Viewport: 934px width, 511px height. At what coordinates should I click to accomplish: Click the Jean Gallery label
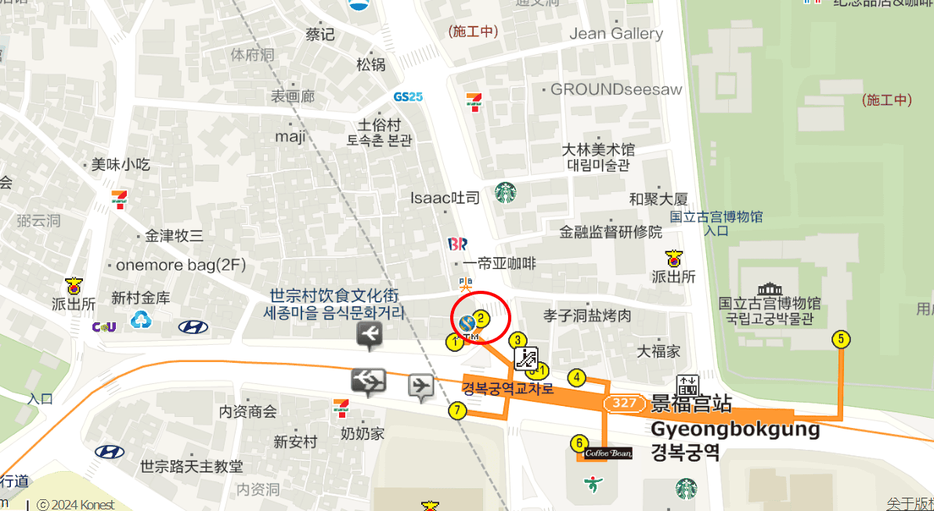click(616, 34)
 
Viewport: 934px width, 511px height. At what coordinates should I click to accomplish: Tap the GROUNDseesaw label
click(616, 89)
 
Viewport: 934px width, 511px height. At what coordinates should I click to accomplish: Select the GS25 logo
click(408, 96)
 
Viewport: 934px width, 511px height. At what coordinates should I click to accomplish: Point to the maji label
click(290, 136)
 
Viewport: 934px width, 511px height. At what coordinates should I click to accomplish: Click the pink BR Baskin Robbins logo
click(456, 245)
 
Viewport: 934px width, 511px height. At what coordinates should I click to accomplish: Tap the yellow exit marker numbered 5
click(841, 339)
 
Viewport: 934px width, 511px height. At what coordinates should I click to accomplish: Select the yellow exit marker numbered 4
click(577, 378)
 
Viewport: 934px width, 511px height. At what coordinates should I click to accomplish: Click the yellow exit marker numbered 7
click(457, 410)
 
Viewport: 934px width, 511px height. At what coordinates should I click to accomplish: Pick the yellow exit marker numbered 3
click(517, 340)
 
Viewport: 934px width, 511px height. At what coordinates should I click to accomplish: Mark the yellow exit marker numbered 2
click(482, 318)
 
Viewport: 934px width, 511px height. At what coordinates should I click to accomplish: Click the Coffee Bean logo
click(608, 453)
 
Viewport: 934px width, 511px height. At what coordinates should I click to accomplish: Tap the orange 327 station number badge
click(624, 403)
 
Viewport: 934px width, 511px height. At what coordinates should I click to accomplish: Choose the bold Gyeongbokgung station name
click(735, 429)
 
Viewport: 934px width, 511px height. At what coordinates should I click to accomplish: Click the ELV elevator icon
click(687, 385)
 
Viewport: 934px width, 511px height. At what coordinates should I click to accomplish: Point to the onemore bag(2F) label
click(180, 265)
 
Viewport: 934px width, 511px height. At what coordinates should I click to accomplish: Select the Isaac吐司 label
click(445, 198)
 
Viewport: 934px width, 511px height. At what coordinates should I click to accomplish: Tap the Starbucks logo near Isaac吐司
click(505, 192)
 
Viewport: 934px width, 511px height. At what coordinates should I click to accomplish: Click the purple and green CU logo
click(104, 327)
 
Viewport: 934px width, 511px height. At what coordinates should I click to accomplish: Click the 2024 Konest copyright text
click(77, 505)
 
